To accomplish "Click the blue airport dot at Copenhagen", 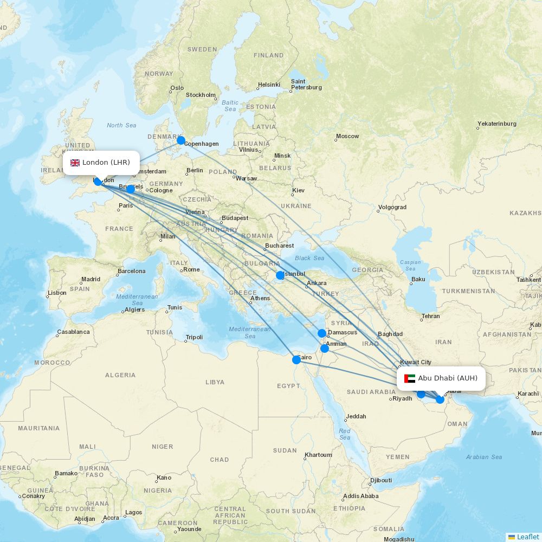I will pyautogui.click(x=181, y=140).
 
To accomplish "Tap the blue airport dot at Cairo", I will pyautogui.click(x=296, y=359).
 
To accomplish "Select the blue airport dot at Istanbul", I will pyautogui.click(x=280, y=275).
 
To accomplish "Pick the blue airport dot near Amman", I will pyautogui.click(x=325, y=349).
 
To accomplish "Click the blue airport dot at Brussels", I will pyautogui.click(x=131, y=189).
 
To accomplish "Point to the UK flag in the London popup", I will pyautogui.click(x=75, y=163).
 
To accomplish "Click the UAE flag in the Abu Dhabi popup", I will pyautogui.click(x=409, y=378).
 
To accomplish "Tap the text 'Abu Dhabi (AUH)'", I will pyautogui.click(x=448, y=378).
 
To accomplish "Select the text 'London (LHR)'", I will pyautogui.click(x=106, y=163).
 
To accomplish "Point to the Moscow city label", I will pyautogui.click(x=347, y=137).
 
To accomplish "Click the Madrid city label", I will pyautogui.click(x=91, y=280).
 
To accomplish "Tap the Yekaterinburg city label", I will pyautogui.click(x=497, y=124).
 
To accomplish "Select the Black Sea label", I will pyautogui.click(x=309, y=258).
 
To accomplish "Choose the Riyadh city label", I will pyautogui.click(x=402, y=398).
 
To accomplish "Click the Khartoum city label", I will pyautogui.click(x=318, y=455).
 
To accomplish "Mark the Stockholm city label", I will pyautogui.click(x=201, y=95).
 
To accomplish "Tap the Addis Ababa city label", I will pyautogui.click(x=361, y=496).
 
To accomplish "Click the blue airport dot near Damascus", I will pyautogui.click(x=322, y=333).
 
